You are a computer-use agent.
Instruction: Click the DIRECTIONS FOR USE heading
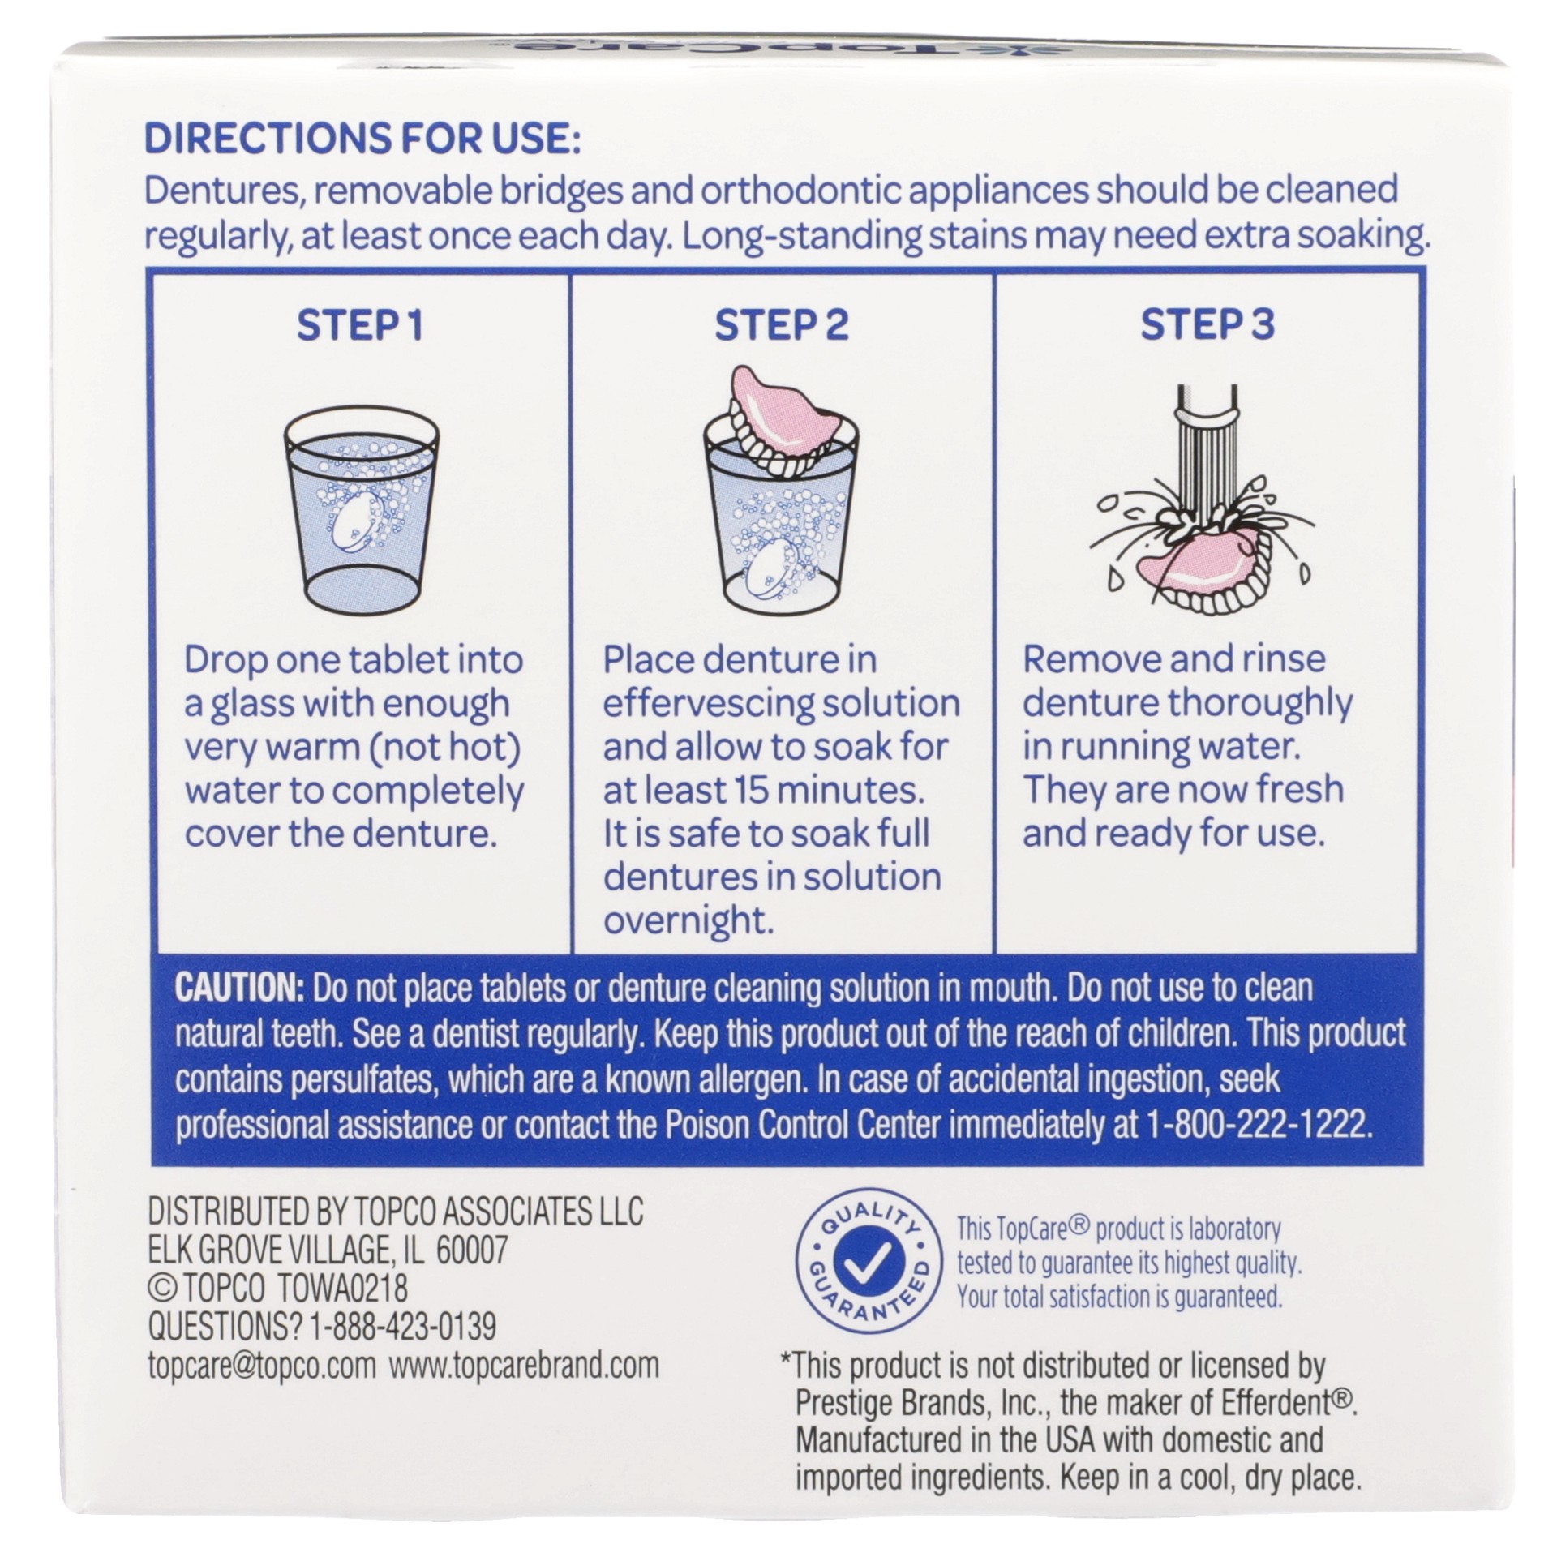click(x=362, y=139)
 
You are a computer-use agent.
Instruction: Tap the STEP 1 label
click(x=360, y=326)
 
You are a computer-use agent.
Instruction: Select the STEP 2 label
click(x=782, y=326)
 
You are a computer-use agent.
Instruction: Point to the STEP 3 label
click(x=1207, y=326)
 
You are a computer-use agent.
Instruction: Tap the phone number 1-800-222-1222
click(x=1259, y=1126)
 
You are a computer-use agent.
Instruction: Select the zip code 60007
click(x=472, y=1250)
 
